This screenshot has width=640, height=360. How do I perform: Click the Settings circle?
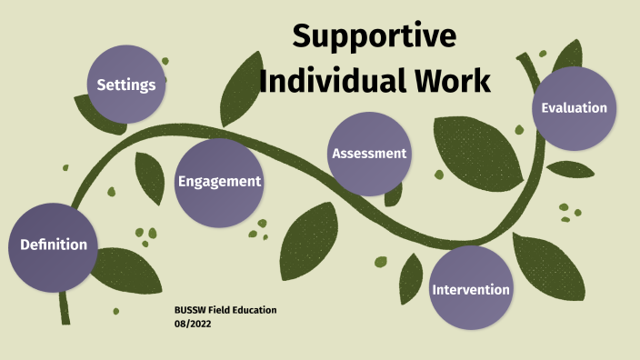[127, 84]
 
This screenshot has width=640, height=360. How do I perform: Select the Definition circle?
[53, 244]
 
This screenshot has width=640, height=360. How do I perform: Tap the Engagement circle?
[218, 181]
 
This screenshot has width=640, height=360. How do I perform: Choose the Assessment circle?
[368, 153]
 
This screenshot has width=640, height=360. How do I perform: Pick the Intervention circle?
[470, 289]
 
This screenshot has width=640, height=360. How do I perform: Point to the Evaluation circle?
[574, 107]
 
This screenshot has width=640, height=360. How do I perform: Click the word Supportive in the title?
[374, 37]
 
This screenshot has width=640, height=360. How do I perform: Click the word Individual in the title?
[330, 80]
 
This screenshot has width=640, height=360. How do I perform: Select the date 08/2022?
[192, 324]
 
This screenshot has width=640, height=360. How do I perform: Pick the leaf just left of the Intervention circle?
[411, 277]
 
